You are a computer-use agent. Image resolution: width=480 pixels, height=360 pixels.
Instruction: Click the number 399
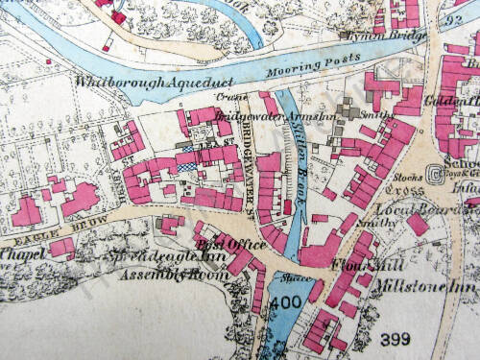point(395,339)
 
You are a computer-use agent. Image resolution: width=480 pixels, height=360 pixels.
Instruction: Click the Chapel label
point(22,254)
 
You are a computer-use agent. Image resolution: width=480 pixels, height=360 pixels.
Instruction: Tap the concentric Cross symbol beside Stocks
point(436,175)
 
